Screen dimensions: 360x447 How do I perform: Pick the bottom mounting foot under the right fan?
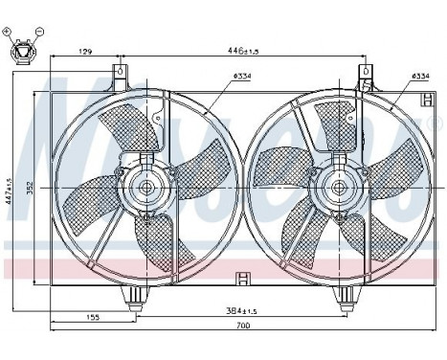(x=343, y=301)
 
